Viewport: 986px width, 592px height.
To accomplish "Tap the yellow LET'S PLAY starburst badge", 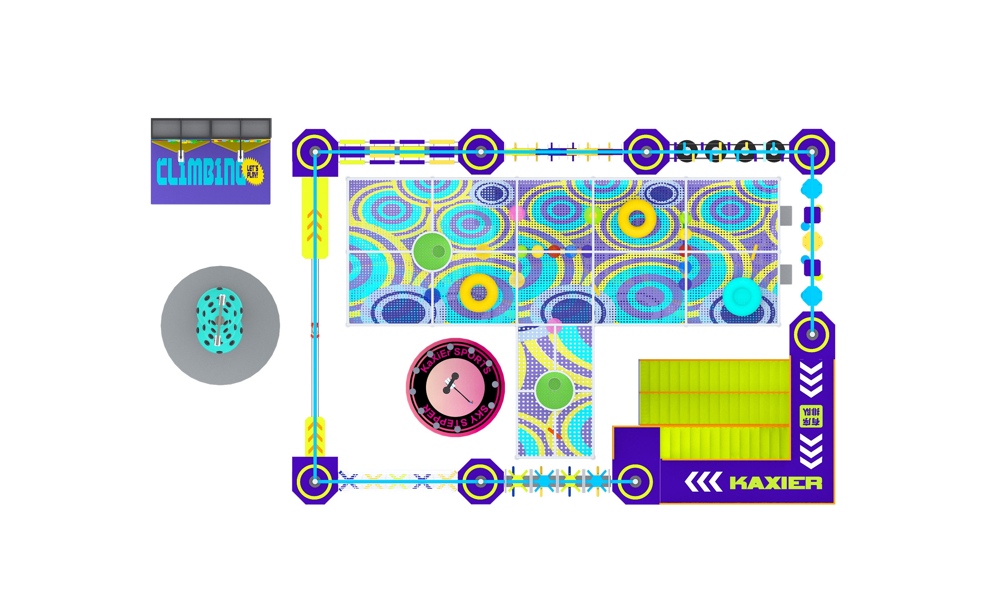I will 253,172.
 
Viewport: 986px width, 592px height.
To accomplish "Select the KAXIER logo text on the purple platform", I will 776,483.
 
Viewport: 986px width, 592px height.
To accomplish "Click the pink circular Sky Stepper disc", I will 455,387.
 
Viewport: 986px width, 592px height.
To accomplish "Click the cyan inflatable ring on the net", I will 742,296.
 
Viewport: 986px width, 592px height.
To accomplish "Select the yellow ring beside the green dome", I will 479,292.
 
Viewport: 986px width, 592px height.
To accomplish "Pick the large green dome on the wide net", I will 432,251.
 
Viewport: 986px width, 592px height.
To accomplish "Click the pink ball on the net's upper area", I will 517,213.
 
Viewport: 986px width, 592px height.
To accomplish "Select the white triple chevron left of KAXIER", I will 703,482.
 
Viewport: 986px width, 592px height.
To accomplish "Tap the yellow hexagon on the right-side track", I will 812,241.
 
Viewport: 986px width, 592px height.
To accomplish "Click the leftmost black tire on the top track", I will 686,151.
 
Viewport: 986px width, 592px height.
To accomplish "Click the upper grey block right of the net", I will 786,215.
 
